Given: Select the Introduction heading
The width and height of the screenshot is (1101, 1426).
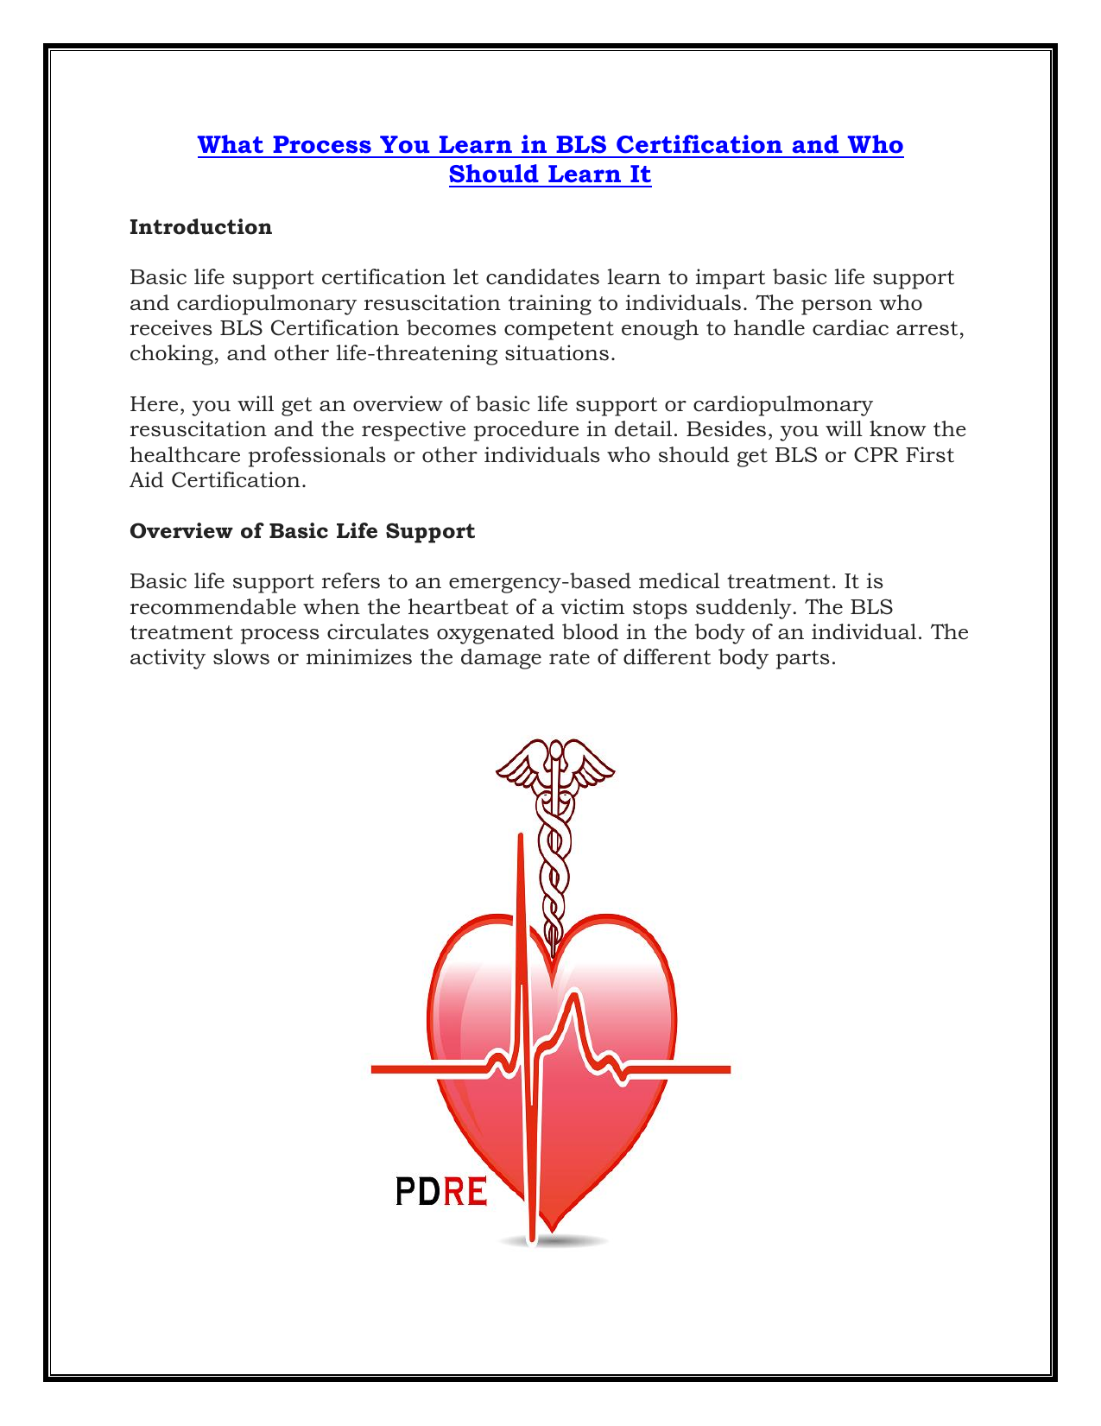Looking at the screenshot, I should (200, 227).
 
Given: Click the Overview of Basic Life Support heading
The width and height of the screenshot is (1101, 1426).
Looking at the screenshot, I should (302, 531).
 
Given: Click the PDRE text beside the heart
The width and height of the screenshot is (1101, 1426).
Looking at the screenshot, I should (441, 1192).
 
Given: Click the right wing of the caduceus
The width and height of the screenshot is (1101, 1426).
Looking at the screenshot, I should (590, 764).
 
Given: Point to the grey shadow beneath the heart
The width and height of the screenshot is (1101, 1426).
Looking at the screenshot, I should (553, 1242).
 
